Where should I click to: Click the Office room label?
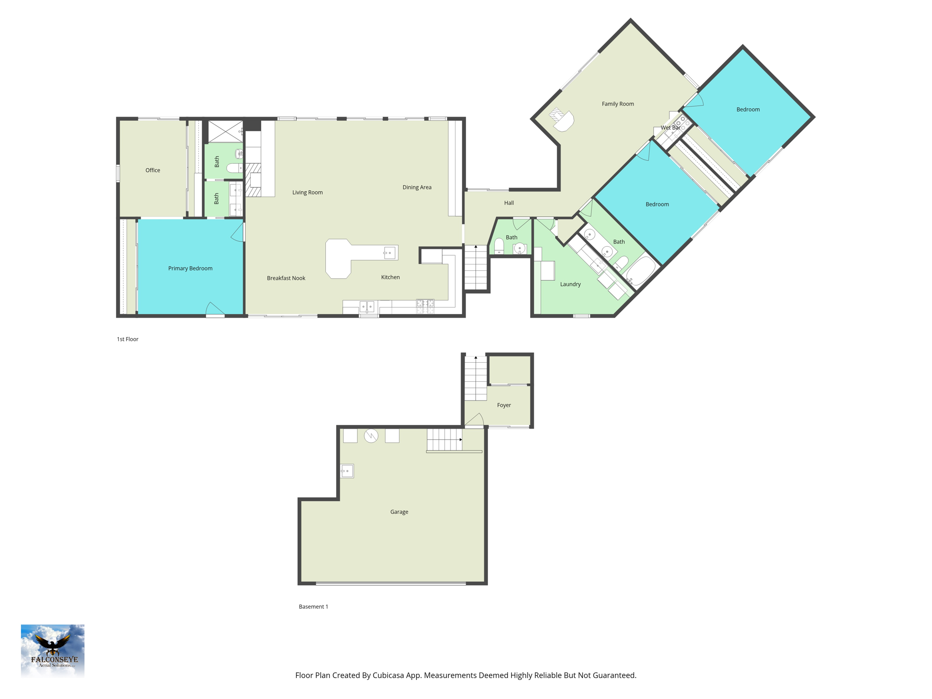[152, 170]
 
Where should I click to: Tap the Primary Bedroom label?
[190, 268]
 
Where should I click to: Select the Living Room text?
[307, 192]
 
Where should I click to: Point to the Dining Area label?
[417, 187]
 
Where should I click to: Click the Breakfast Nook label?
[286, 278]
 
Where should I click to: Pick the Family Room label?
[618, 104]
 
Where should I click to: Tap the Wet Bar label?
[670, 128]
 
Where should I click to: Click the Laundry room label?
[570, 284]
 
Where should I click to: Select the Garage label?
[399, 512]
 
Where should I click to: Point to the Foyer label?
[504, 405]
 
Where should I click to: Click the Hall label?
[509, 203]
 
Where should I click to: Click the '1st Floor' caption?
[127, 339]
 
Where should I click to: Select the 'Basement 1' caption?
[313, 607]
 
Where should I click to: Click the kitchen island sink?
[390, 253]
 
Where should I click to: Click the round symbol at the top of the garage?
[371, 436]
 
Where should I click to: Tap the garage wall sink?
[347, 471]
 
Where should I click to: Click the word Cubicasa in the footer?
[390, 675]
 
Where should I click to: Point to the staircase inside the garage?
[445, 440]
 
